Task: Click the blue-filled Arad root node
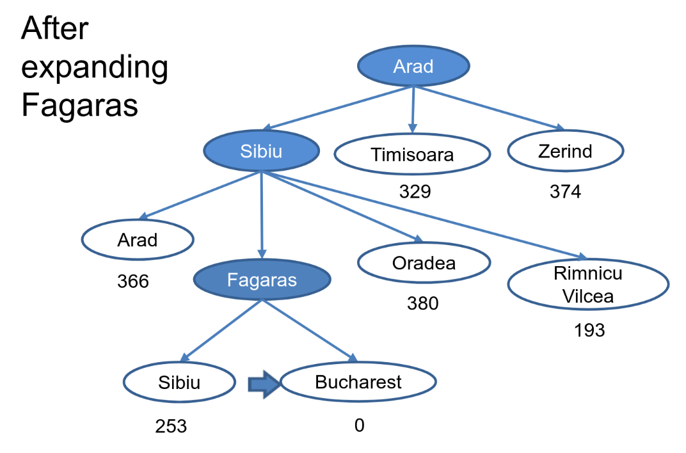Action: [x=413, y=67]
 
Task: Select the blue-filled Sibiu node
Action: [x=261, y=152]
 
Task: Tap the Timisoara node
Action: [x=412, y=155]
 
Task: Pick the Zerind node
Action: [x=565, y=152]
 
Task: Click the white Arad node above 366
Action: [x=137, y=240]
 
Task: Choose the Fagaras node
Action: [x=262, y=280]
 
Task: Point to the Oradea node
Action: [x=424, y=262]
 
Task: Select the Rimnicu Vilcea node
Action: [x=588, y=285]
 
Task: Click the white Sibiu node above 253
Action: [x=179, y=382]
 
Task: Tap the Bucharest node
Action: [x=358, y=382]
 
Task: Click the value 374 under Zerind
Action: [x=566, y=191]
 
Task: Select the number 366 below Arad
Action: [x=133, y=281]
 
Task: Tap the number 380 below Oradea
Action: [x=423, y=303]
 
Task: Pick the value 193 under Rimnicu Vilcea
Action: [x=589, y=330]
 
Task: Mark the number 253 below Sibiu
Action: [x=171, y=425]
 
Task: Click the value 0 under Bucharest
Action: [x=359, y=425]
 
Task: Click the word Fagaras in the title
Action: [x=79, y=105]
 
